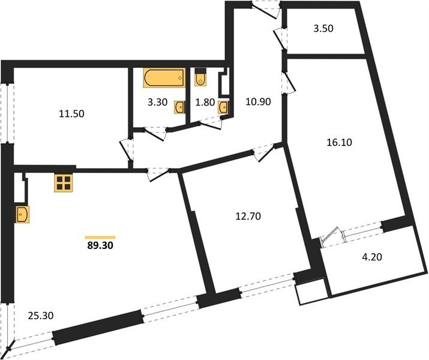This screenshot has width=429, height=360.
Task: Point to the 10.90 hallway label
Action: (258, 101)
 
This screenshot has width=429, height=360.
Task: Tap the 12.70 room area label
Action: (248, 214)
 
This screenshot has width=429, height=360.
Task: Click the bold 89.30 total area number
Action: (101, 245)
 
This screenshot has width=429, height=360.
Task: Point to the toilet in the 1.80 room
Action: (201, 79)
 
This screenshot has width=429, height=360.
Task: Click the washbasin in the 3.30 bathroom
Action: (179, 107)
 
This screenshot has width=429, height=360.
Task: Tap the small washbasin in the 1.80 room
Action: (224, 107)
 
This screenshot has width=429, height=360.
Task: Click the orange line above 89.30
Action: (100, 236)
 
